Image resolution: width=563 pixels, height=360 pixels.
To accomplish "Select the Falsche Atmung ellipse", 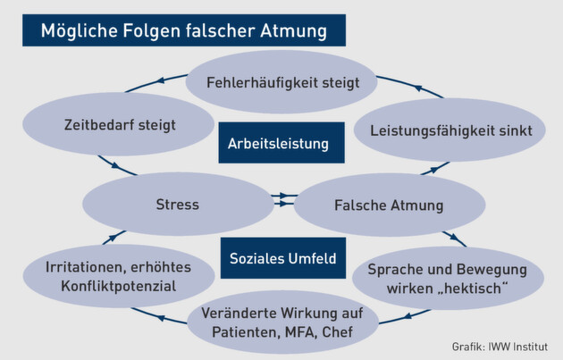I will tap(390, 205).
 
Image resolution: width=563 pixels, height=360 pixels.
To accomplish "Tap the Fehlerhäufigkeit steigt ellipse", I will tap(282, 83).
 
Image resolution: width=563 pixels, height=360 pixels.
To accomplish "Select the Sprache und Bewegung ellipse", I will tap(448, 279).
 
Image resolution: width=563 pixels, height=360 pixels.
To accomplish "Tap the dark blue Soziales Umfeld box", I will tap(281, 259).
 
